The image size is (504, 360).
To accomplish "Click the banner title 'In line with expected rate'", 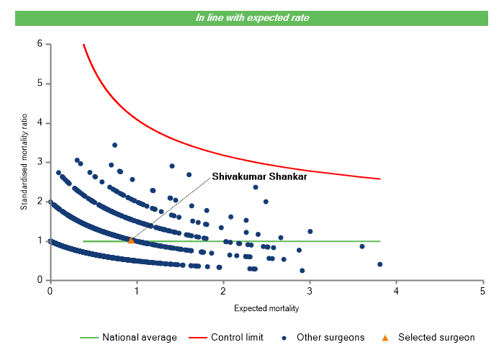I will [252, 17].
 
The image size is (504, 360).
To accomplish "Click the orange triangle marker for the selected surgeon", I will [131, 240].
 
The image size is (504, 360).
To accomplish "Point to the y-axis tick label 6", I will [40, 44].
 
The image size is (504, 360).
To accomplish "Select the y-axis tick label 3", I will [40, 162].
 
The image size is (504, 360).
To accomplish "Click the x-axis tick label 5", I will [482, 291].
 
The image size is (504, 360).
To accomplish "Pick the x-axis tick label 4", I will [396, 291].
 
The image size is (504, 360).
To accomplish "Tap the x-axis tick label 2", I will [223, 291].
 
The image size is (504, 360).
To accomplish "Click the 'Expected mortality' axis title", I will [266, 308].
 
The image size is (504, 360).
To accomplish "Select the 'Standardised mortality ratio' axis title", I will [24, 161].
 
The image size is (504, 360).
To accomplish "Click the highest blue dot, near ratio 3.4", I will [114, 145].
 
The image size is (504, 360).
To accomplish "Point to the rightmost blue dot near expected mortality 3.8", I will [379, 264].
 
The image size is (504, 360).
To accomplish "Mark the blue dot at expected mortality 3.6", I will [362, 246].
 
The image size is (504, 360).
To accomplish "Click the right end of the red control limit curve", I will [379, 179].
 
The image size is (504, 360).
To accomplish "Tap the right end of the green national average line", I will [379, 241].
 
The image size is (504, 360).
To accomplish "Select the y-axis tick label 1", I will [40, 240].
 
